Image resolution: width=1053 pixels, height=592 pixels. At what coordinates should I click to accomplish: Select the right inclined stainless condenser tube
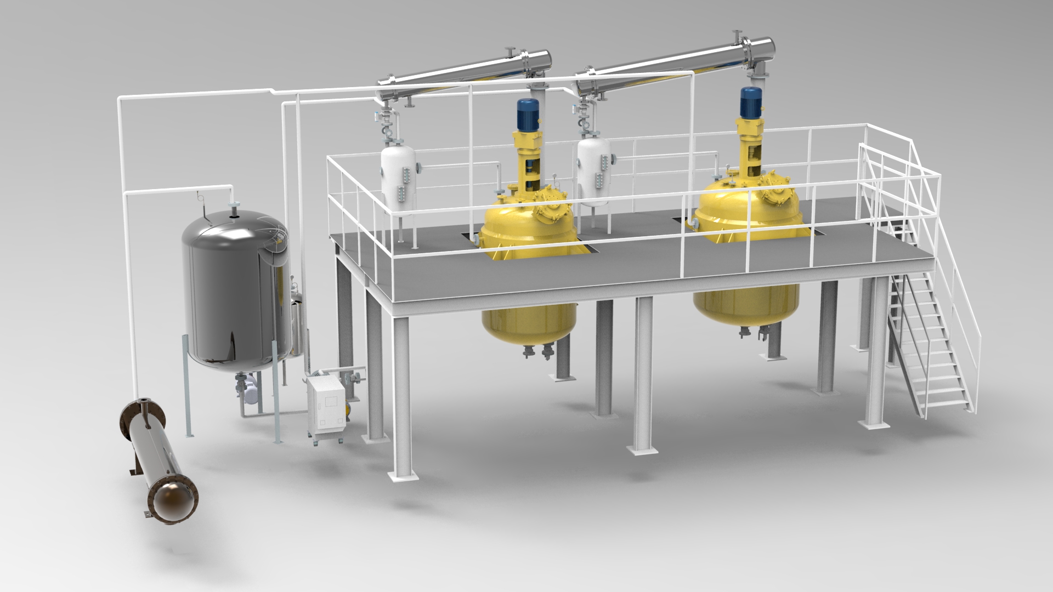680,61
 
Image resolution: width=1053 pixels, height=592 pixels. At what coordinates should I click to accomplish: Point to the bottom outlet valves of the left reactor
537,351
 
